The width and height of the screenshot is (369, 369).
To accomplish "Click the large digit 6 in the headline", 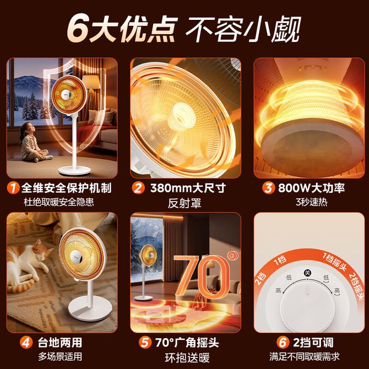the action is (x=77, y=28).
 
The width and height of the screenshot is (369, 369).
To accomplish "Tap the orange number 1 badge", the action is (x=13, y=188).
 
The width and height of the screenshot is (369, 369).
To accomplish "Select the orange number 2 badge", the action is (x=138, y=188).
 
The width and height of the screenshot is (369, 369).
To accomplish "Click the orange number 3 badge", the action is (x=269, y=188).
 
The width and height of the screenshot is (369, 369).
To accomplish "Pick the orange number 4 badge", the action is (x=26, y=343).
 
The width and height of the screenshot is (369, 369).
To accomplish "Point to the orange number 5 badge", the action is (x=145, y=343).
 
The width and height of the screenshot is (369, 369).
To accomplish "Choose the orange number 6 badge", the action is (x=283, y=343).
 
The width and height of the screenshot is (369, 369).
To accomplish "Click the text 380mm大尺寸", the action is (x=188, y=188).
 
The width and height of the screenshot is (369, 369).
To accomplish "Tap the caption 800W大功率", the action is (x=311, y=188).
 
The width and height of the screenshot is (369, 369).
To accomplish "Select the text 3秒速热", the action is (x=311, y=202).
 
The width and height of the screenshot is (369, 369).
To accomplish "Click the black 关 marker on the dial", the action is (x=307, y=273).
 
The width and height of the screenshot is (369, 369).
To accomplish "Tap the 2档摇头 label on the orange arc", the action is (x=355, y=286).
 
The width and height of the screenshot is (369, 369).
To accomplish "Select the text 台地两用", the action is (x=60, y=343).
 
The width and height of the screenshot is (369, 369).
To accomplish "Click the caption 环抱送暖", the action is (x=187, y=357).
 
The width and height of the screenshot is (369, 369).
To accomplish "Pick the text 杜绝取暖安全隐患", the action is (x=59, y=202).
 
